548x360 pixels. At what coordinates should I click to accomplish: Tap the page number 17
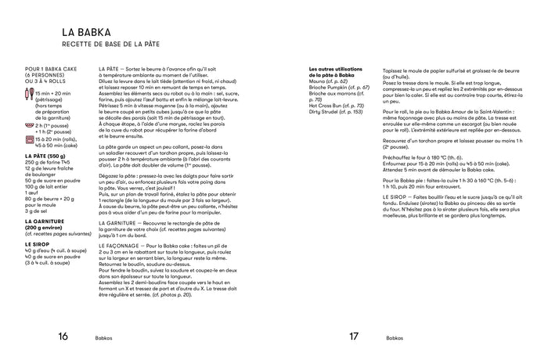[x=354, y=338]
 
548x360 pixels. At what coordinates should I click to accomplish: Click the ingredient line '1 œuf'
[x=32, y=189]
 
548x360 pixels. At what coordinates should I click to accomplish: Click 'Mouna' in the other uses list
[x=318, y=81]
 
